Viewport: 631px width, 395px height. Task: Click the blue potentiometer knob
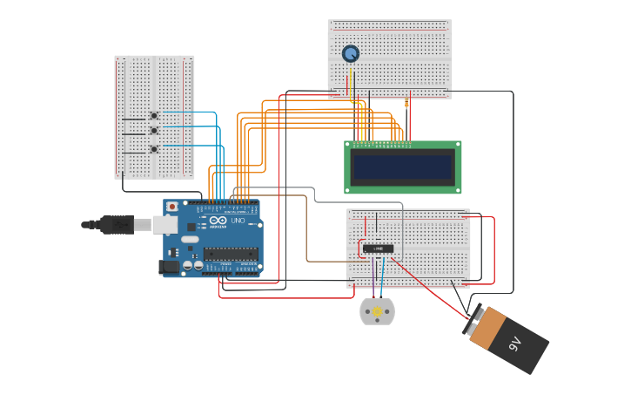point(350,54)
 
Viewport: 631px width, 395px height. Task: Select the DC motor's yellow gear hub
point(377,311)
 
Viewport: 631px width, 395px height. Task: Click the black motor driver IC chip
point(378,249)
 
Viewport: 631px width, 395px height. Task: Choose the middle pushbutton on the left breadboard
point(154,131)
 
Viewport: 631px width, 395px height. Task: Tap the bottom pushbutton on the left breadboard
point(154,149)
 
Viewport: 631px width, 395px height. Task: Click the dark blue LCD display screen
point(402,166)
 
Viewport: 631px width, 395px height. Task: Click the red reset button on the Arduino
point(172,207)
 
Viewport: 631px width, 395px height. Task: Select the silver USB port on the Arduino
point(165,225)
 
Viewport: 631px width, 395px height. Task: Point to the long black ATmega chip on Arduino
point(231,254)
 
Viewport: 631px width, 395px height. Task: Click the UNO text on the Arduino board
point(237,221)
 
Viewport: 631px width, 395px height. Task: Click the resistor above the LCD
point(406,104)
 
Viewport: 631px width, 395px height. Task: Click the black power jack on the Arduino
point(169,268)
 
